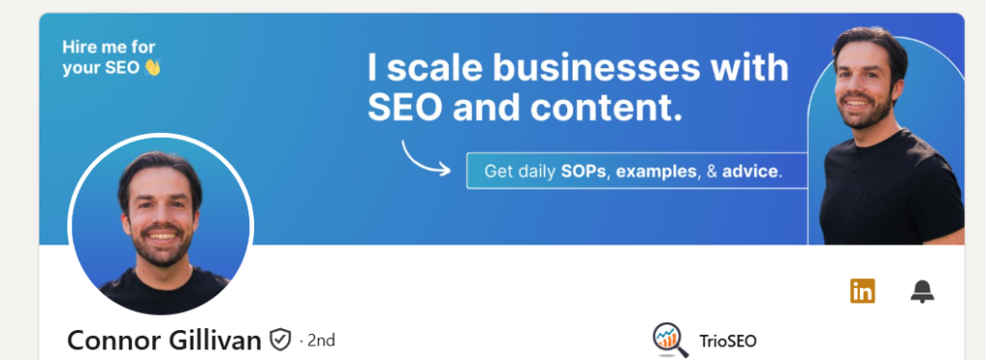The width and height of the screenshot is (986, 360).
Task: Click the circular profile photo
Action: click(x=161, y=225)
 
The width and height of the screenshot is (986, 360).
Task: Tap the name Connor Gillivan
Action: click(x=164, y=341)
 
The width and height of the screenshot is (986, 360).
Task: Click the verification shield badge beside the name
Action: click(x=280, y=340)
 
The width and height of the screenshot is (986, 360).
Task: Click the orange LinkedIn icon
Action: click(x=862, y=291)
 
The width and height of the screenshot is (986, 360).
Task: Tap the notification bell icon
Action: click(x=921, y=292)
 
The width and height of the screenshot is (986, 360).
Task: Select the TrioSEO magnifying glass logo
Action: click(x=670, y=340)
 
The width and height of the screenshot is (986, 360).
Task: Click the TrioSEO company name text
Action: click(x=728, y=341)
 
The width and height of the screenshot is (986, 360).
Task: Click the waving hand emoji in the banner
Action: click(x=152, y=67)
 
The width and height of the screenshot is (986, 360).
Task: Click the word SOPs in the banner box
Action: click(x=584, y=171)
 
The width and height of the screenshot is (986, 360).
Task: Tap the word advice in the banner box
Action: click(x=750, y=171)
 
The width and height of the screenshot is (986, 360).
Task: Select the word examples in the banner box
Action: click(x=657, y=171)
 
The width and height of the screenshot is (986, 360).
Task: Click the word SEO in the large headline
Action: click(x=405, y=108)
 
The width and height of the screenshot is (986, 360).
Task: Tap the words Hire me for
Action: click(x=109, y=47)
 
